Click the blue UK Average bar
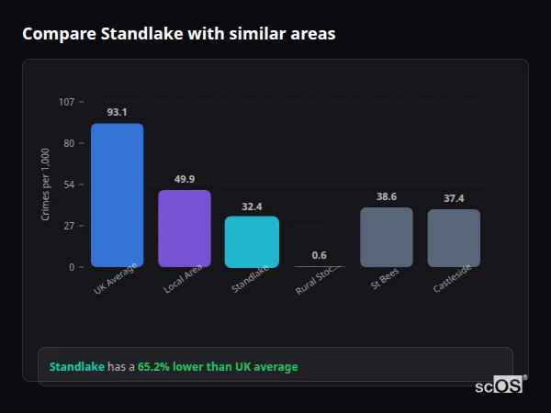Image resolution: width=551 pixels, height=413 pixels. (117, 195)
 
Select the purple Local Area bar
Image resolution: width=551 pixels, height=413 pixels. (185, 229)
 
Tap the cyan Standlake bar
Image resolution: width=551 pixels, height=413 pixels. (252, 241)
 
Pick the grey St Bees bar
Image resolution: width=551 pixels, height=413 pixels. (387, 237)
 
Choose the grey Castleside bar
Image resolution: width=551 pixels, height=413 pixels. (454, 238)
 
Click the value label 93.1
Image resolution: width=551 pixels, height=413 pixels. (117, 112)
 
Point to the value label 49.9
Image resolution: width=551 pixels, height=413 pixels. (185, 179)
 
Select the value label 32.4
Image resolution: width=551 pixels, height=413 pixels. (252, 206)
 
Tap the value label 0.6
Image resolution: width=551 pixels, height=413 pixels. (319, 255)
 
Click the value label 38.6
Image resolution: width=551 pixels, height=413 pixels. (387, 196)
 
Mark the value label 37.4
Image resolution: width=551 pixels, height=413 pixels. (454, 198)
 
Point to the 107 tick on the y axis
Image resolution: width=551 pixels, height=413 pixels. (66, 102)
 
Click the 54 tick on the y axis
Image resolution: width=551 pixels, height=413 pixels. (69, 184)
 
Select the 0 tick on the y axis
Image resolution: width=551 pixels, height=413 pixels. (71, 267)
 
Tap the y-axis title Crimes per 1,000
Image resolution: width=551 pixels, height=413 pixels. (46, 184)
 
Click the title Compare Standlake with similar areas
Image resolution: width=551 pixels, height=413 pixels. (178, 34)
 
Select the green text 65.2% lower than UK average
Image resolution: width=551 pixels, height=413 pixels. (218, 366)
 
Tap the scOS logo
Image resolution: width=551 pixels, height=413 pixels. (500, 385)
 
